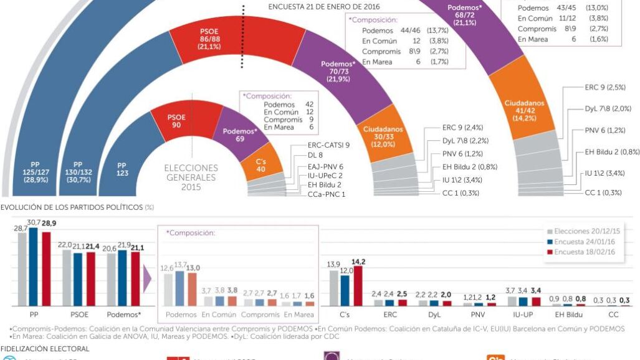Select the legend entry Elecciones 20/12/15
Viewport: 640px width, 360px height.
(x=583, y=231)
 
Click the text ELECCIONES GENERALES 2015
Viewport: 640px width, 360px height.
(x=191, y=177)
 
